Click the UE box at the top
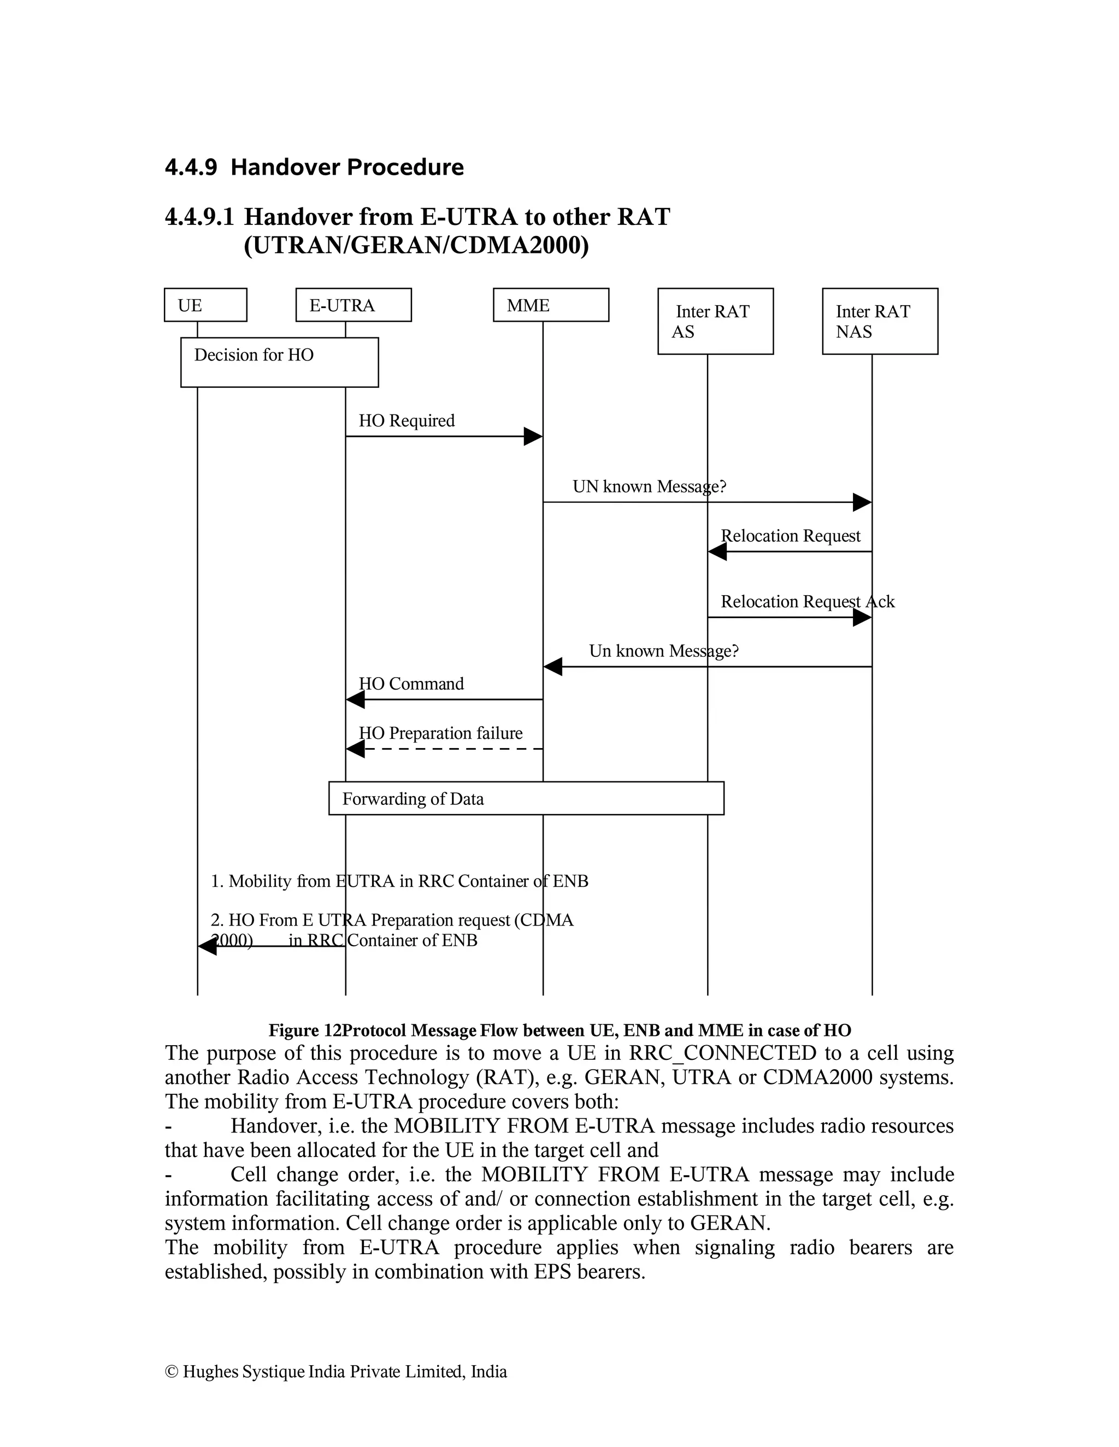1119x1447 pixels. tap(205, 305)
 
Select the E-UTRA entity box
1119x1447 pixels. tap(354, 305)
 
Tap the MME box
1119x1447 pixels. tap(551, 305)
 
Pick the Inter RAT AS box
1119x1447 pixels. tap(715, 321)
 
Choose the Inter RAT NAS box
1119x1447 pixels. tap(880, 321)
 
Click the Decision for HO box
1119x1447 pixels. tap(279, 361)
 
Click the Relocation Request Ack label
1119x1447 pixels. tap(807, 602)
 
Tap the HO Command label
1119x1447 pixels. tap(411, 684)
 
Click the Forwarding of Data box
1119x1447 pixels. tap(526, 798)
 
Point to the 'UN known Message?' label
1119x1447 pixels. tap(649, 487)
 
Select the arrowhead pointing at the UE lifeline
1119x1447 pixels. tap(208, 947)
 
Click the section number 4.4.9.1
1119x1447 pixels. tap(199, 217)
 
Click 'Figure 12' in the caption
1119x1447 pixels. tap(304, 1030)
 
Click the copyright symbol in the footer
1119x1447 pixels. tap(171, 1372)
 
